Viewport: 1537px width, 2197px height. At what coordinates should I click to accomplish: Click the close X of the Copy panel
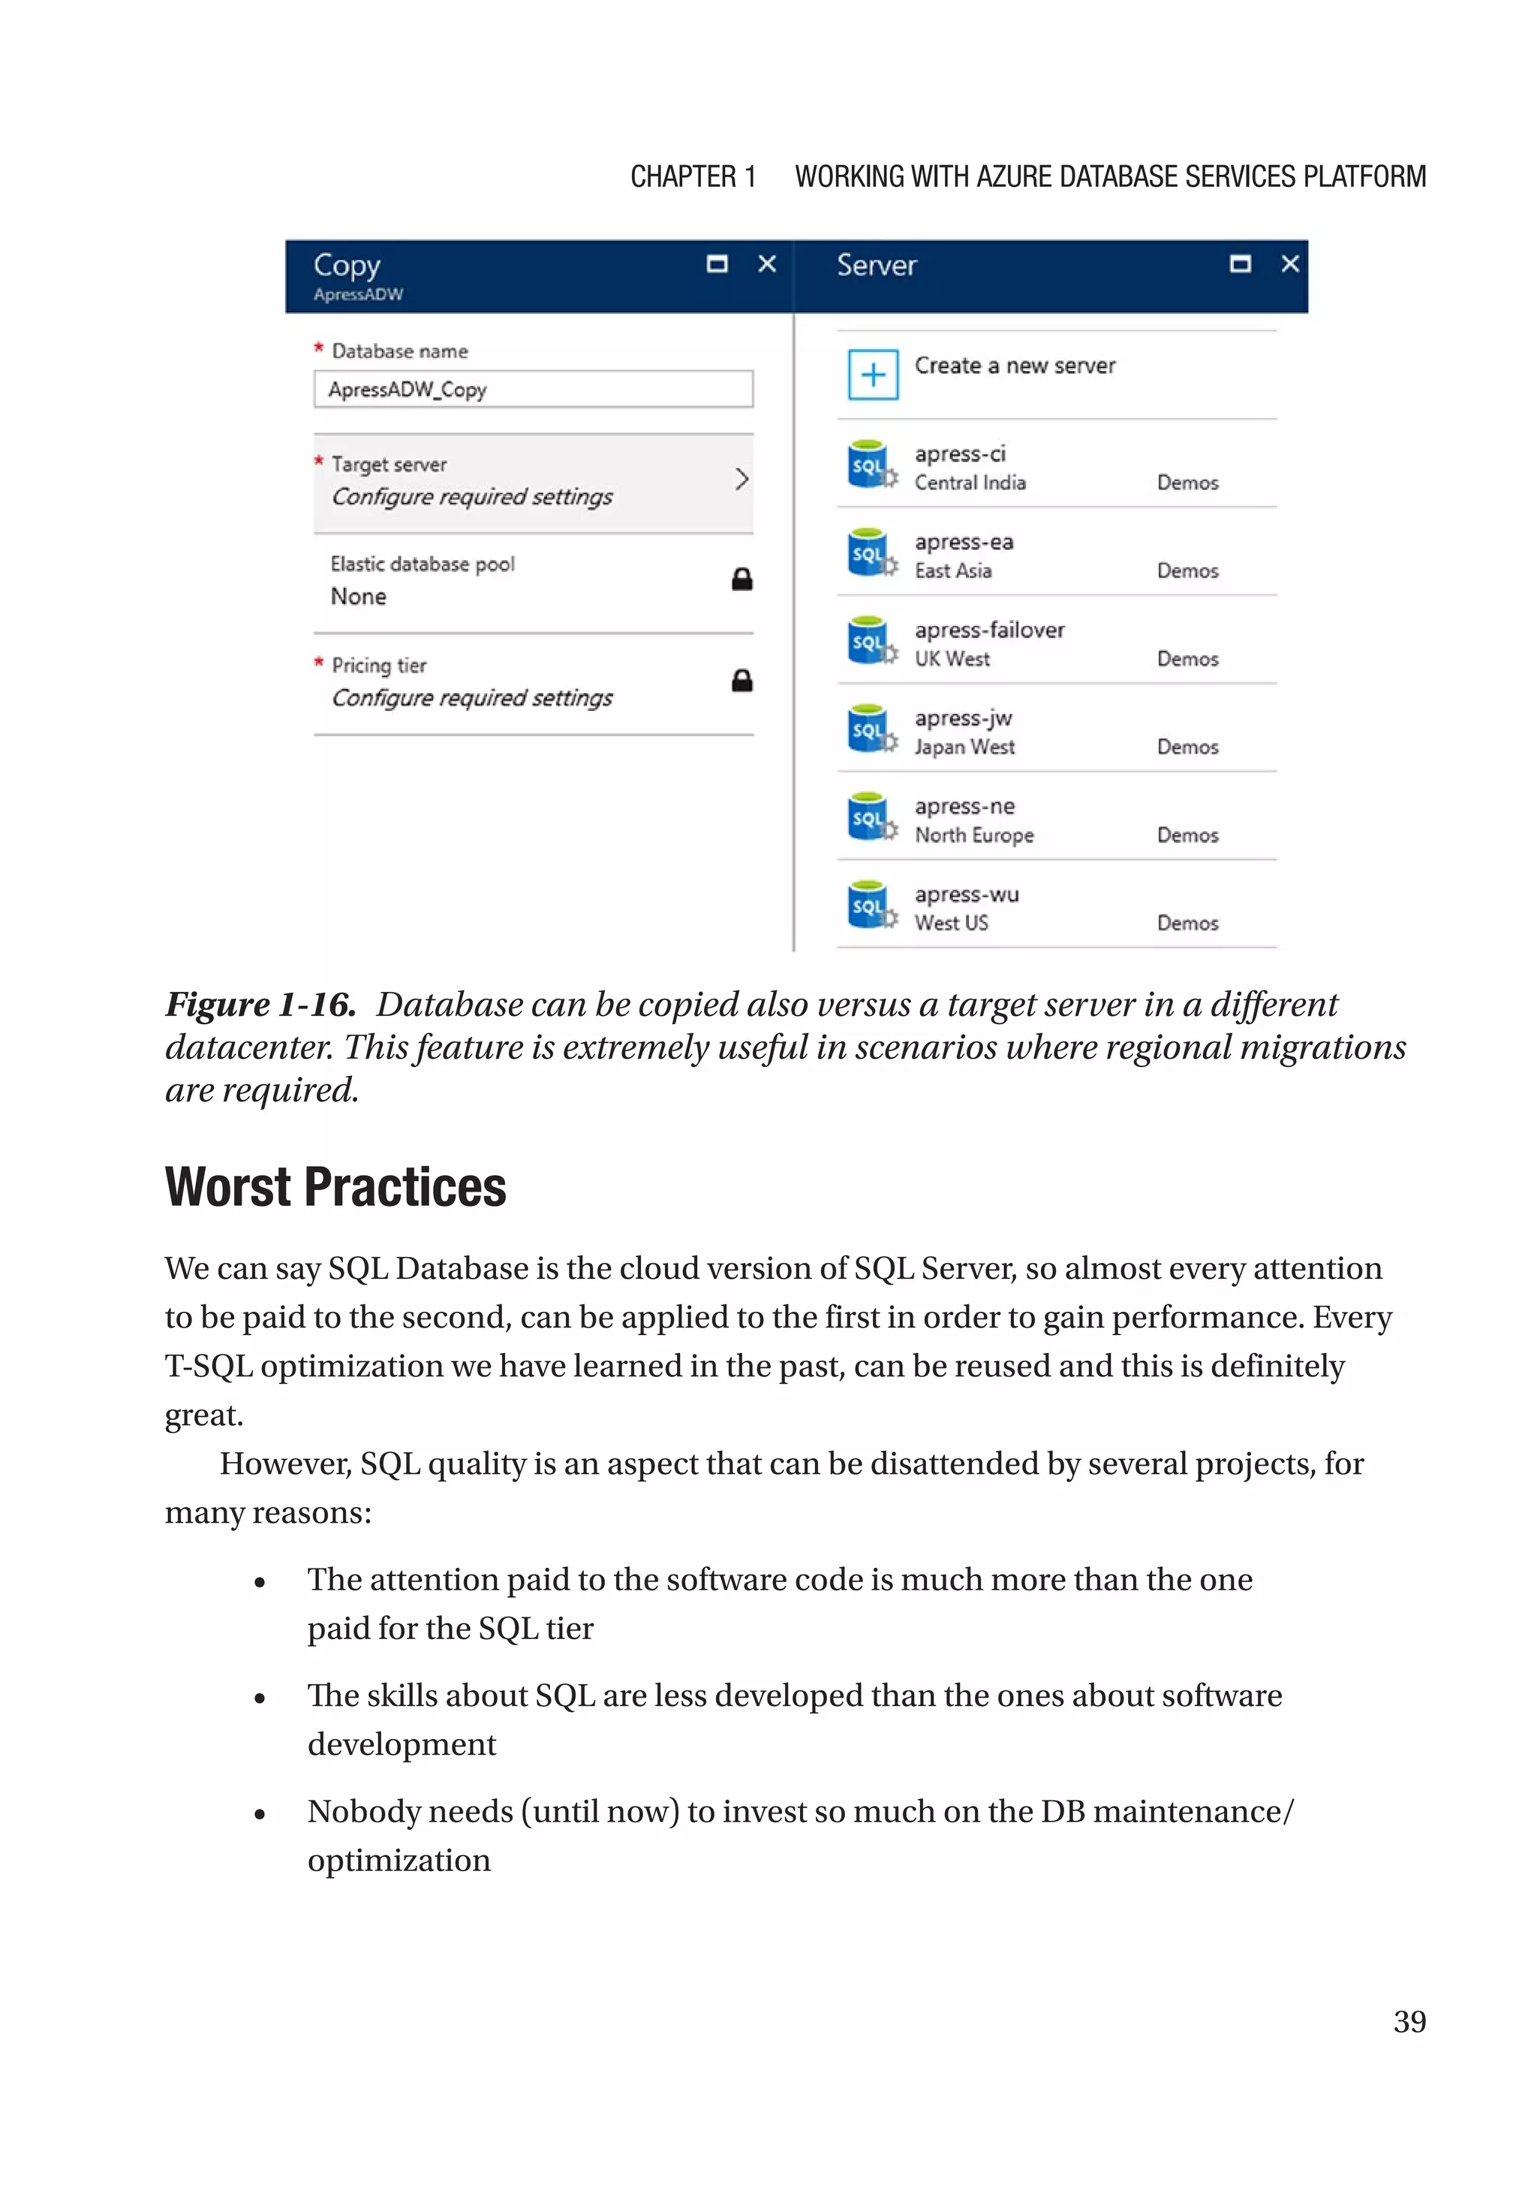pos(767,264)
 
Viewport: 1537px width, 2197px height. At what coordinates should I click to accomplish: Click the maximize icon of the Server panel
pos(1240,264)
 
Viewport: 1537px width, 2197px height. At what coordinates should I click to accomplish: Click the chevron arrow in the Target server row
pos(741,479)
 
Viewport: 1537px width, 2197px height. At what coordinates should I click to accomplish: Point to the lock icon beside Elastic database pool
pos(741,580)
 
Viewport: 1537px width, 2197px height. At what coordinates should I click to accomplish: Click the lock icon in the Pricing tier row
pos(741,681)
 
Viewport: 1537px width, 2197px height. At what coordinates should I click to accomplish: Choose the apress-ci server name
pos(959,454)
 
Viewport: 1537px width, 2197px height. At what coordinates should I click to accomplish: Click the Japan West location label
pos(964,747)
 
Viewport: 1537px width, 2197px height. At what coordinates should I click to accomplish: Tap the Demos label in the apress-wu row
pos(1187,924)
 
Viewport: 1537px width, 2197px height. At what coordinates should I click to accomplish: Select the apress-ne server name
pos(964,806)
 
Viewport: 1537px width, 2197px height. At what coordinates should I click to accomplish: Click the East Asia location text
pos(952,571)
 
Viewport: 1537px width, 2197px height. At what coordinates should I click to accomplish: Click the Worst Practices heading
pos(335,1188)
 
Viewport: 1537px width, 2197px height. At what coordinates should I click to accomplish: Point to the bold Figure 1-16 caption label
pos(260,1005)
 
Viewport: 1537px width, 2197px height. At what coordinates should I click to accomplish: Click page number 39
pos(1409,2022)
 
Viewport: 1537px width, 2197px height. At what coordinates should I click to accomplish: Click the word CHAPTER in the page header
pos(682,177)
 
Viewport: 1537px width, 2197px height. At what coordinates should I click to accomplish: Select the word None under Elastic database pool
pos(359,597)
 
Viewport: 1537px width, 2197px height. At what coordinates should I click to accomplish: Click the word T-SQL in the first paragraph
pos(209,1367)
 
